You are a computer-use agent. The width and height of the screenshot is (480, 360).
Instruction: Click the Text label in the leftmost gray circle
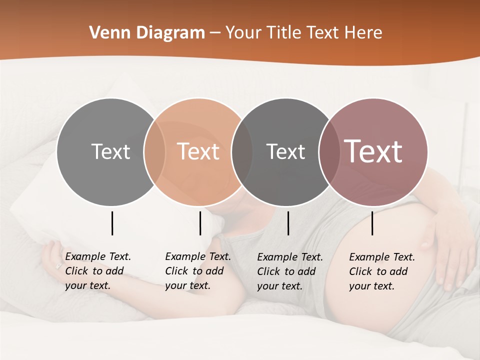pyautogui.click(x=110, y=151)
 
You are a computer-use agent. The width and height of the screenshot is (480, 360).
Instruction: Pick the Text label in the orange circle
pyautogui.click(x=198, y=151)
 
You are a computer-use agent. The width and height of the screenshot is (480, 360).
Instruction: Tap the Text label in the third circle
pyautogui.click(x=285, y=151)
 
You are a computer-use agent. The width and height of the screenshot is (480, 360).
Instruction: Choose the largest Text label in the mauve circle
pyautogui.click(x=373, y=151)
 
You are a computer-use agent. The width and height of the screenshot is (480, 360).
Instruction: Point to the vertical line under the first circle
pyautogui.click(x=112, y=223)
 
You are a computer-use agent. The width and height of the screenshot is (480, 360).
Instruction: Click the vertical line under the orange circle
pyautogui.click(x=200, y=223)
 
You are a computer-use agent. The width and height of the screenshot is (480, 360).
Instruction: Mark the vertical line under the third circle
pyautogui.click(x=288, y=223)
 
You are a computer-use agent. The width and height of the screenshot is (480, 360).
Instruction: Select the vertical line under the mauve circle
pyautogui.click(x=372, y=223)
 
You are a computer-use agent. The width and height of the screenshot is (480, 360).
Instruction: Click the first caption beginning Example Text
pyautogui.click(x=97, y=271)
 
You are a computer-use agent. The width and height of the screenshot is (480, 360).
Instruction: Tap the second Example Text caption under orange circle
pyautogui.click(x=197, y=271)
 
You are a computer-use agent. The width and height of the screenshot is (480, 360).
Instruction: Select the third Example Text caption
pyautogui.click(x=289, y=271)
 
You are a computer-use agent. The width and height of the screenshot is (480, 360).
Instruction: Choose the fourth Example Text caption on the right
pyautogui.click(x=381, y=271)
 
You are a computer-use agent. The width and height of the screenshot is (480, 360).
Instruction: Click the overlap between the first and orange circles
pyautogui.click(x=154, y=151)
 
